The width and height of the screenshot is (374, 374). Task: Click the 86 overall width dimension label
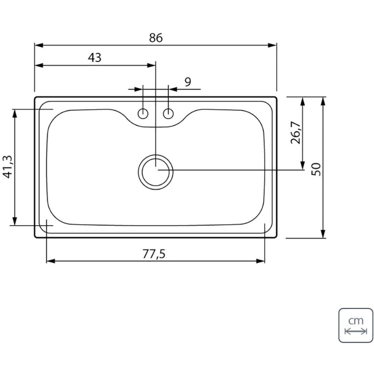[156, 38]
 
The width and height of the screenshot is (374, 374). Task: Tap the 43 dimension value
[95, 57]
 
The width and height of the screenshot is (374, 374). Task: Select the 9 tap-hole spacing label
[188, 82]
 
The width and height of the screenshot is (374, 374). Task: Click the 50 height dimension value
[316, 169]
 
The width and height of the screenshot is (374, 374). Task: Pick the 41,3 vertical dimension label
[7, 167]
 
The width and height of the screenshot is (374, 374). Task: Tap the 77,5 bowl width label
[154, 254]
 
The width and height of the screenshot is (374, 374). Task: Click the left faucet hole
[143, 114]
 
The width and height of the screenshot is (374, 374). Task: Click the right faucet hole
[168, 114]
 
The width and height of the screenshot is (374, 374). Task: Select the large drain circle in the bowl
[156, 155]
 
